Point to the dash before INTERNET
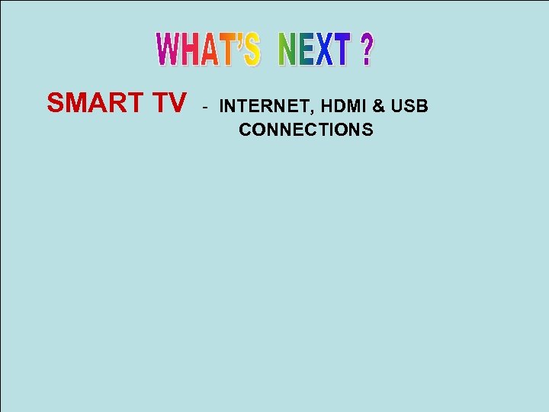(x=204, y=107)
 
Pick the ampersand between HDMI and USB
(x=377, y=107)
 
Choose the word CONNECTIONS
(x=306, y=130)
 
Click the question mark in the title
(x=367, y=50)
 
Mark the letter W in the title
(x=168, y=50)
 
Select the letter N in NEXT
(x=289, y=50)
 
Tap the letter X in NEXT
(x=324, y=50)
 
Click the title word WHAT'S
(x=208, y=50)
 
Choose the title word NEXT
(x=315, y=50)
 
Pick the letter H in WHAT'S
(x=191, y=50)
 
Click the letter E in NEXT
(x=307, y=50)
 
